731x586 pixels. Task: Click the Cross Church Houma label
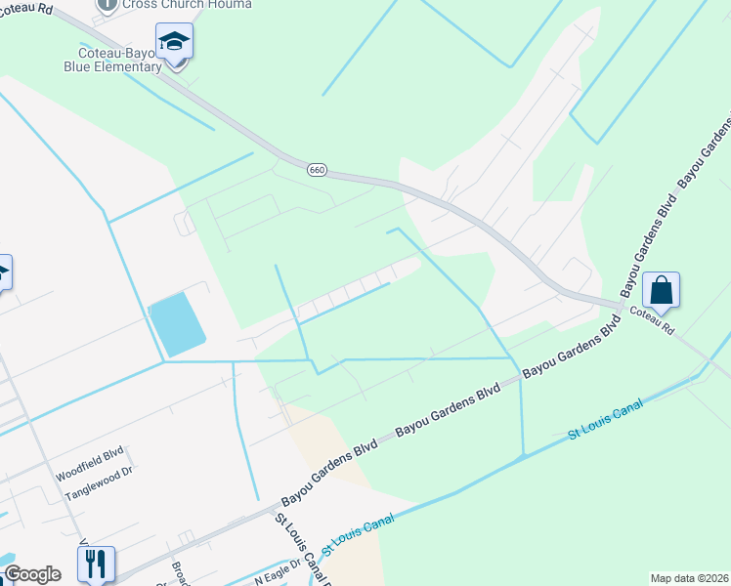(187, 4)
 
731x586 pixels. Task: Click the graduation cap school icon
(174, 43)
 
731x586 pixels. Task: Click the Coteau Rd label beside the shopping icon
(652, 322)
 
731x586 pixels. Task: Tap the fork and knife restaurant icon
(96, 564)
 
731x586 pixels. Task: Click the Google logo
(32, 574)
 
